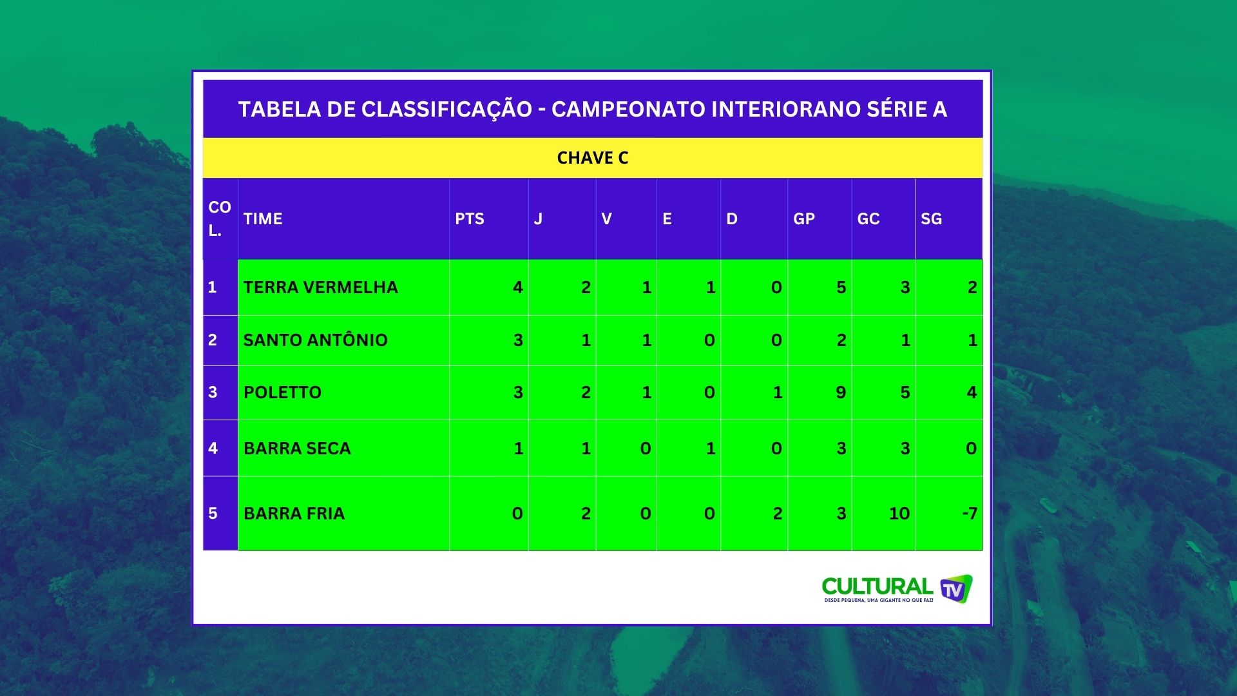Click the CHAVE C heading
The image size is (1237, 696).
(x=592, y=158)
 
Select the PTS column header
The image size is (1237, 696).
(x=469, y=219)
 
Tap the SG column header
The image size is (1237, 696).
(x=931, y=219)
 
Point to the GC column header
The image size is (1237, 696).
(x=868, y=219)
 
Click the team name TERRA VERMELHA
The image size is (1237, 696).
(x=321, y=287)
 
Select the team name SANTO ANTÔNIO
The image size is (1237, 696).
(x=316, y=340)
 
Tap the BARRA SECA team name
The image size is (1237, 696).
(x=297, y=449)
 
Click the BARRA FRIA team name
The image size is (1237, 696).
(x=294, y=514)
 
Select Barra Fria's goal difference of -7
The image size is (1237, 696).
(x=970, y=514)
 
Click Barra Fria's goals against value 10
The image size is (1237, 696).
(x=899, y=514)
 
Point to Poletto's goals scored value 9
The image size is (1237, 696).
(x=841, y=392)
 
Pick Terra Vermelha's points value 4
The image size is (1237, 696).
(x=518, y=287)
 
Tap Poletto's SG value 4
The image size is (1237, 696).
(x=972, y=392)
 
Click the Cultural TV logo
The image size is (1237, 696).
(x=897, y=589)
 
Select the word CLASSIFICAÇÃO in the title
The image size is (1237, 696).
(x=446, y=110)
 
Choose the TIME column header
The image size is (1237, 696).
(x=263, y=219)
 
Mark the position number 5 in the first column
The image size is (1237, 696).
(x=213, y=514)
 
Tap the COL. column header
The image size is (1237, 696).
(x=220, y=219)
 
